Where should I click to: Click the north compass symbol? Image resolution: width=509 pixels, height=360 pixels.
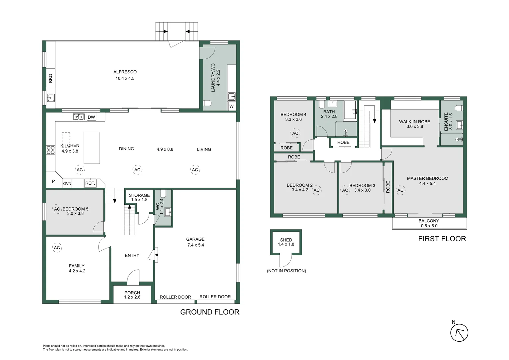click(459, 333)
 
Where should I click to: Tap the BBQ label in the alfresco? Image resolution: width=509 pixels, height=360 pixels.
click(51, 78)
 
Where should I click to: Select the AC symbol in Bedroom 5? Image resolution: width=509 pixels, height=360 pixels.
click(57, 209)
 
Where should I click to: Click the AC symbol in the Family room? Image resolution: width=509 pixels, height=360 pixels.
click(57, 248)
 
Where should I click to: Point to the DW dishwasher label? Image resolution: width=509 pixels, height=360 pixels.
click(91, 117)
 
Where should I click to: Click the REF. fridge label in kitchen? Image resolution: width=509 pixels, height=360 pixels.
click(90, 183)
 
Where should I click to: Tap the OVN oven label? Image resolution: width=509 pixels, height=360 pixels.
click(67, 183)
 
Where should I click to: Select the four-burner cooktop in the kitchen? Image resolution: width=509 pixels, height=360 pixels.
click(51, 150)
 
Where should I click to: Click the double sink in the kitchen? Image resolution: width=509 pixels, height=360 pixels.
click(79, 117)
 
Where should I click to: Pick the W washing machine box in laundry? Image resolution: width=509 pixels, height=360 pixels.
click(232, 106)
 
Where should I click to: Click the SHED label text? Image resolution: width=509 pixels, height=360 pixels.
click(286, 240)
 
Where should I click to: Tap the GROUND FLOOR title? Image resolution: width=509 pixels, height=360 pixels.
click(210, 312)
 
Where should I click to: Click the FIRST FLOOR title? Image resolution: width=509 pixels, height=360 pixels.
click(442, 239)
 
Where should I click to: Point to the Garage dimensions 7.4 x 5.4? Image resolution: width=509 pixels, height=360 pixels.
click(196, 245)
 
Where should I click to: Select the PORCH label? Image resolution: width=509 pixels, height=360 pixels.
click(132, 293)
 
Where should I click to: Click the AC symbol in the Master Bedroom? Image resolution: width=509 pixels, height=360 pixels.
click(400, 190)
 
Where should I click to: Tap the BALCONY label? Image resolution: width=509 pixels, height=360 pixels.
click(429, 221)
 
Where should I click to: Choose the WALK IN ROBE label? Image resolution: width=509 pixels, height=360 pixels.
click(414, 122)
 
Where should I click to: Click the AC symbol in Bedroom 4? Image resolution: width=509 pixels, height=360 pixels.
click(295, 133)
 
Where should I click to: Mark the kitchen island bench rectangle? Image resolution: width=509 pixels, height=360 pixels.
click(92, 148)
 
